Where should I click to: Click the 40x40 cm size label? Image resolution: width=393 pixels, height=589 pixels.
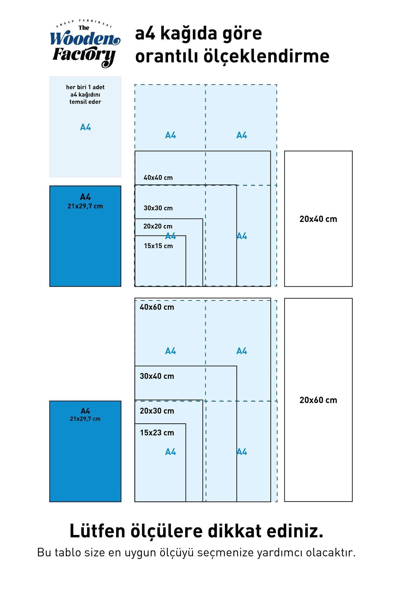tap(158, 178)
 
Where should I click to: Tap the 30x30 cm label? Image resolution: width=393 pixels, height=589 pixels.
tap(158, 208)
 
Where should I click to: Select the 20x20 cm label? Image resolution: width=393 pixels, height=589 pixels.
tap(158, 226)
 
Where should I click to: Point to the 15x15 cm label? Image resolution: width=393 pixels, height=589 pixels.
tap(158, 246)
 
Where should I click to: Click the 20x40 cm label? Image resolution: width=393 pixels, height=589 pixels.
tap(318, 219)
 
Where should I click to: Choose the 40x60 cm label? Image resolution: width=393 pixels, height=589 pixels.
tap(157, 307)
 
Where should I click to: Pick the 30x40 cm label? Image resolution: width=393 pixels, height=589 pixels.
tap(157, 376)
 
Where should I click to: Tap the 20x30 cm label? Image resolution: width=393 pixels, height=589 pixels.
tap(157, 411)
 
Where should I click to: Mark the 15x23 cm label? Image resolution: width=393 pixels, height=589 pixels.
tap(157, 433)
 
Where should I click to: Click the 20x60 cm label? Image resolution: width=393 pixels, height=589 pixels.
tap(318, 400)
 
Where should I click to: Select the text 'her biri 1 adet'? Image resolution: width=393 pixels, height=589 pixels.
tap(85, 87)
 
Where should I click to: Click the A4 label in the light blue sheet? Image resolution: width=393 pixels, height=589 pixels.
tap(85, 127)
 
